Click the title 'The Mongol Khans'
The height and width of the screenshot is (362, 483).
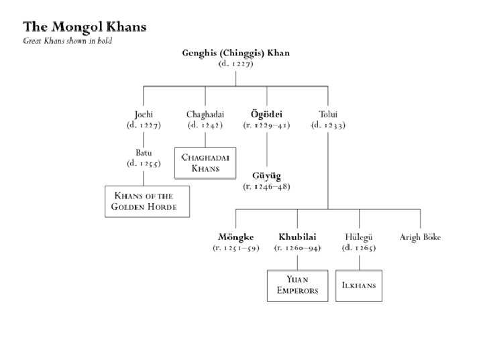coord(85,27)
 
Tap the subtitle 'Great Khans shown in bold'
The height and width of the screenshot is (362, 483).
coord(67,41)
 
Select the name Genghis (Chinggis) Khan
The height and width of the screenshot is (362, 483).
coord(235,54)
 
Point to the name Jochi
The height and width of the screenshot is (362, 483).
coord(144,115)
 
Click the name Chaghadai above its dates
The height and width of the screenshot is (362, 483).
coord(205,115)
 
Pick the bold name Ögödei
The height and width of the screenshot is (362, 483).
coord(266,115)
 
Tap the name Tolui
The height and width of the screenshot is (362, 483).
coord(328,115)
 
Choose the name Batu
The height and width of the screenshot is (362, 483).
coord(144,153)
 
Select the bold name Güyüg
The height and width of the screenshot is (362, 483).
coord(266,176)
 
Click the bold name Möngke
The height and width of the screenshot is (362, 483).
coord(235,237)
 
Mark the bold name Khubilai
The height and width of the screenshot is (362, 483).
coord(297,237)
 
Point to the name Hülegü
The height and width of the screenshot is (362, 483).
coord(358,237)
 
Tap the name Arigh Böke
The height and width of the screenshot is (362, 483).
coord(420,237)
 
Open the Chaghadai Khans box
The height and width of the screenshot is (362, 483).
coord(205,163)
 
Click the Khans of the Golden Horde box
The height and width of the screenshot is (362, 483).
coord(148,201)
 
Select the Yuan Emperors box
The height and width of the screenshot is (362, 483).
coord(297,286)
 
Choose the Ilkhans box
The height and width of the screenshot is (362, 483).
coord(359,286)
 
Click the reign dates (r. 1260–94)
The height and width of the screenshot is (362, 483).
coord(297,248)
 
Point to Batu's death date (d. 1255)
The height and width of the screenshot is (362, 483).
coord(144,164)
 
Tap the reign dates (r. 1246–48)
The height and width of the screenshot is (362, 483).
coord(266,186)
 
